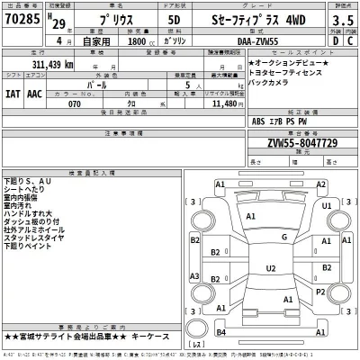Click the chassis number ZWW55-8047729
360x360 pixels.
pyautogui.click(x=302, y=142)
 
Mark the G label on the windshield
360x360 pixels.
pyautogui.click(x=284, y=237)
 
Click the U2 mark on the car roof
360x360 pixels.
pyautogui.click(x=271, y=268)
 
